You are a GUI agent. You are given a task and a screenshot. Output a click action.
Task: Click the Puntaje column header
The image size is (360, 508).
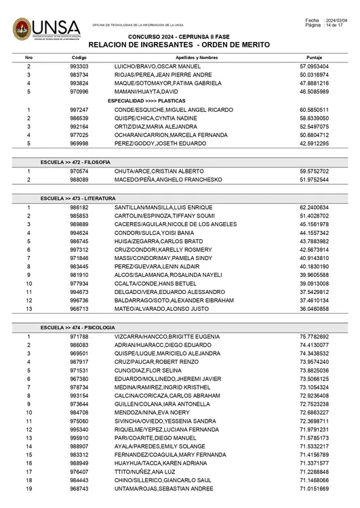click(x=314, y=58)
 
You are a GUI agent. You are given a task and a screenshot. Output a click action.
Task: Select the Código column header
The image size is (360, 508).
click(x=79, y=58)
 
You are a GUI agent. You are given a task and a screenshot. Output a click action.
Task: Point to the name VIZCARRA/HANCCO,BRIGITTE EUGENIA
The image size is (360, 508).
click(x=167, y=337)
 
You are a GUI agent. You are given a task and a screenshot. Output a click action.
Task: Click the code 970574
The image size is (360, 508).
click(x=79, y=172)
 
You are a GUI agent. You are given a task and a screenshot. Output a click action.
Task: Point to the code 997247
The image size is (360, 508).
click(x=79, y=109)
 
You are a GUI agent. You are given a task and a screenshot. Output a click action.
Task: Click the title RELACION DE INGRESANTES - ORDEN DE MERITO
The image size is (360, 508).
click(x=179, y=44)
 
